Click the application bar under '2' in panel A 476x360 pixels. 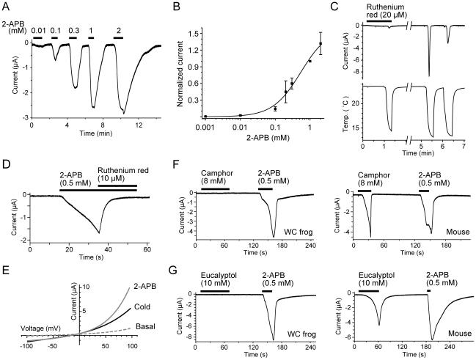tap(118, 37)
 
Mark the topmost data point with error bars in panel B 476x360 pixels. tap(320, 43)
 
